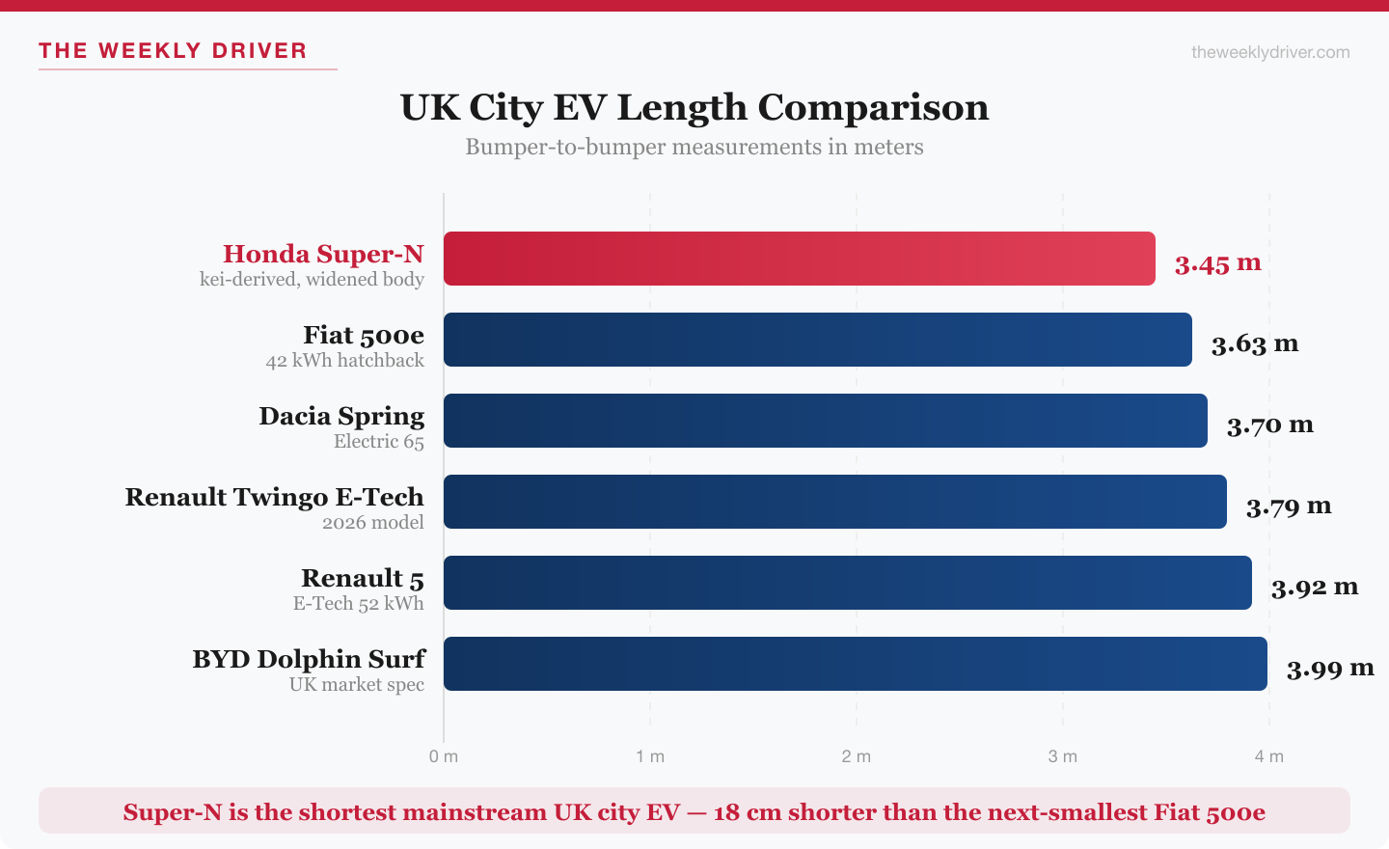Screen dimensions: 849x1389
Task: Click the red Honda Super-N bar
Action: [799, 259]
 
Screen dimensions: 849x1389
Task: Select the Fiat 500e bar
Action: [817, 340]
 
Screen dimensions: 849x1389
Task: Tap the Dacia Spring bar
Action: [825, 421]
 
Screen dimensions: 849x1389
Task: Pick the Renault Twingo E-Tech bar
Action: [834, 502]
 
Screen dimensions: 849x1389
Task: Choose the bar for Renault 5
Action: [847, 583]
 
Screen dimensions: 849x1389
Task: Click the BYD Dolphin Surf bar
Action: [855, 664]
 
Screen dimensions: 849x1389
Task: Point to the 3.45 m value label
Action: [1217, 262]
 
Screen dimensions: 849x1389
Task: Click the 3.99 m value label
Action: [1329, 668]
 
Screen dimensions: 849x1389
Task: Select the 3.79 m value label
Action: [1288, 506]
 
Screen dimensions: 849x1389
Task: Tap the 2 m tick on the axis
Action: [856, 756]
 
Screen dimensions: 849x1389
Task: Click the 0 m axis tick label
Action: [444, 756]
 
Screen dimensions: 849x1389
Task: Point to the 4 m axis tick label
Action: [1268, 756]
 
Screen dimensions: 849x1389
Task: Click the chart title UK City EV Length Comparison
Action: [694, 107]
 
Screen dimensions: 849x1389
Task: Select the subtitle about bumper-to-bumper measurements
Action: [694, 147]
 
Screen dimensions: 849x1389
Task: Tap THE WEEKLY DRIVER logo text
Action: [173, 51]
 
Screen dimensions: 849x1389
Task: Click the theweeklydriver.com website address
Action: [1270, 52]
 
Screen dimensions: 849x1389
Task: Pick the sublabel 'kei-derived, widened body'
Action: [312, 280]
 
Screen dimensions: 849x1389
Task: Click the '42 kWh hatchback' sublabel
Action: [344, 361]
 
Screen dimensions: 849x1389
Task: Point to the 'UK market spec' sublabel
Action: [356, 685]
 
